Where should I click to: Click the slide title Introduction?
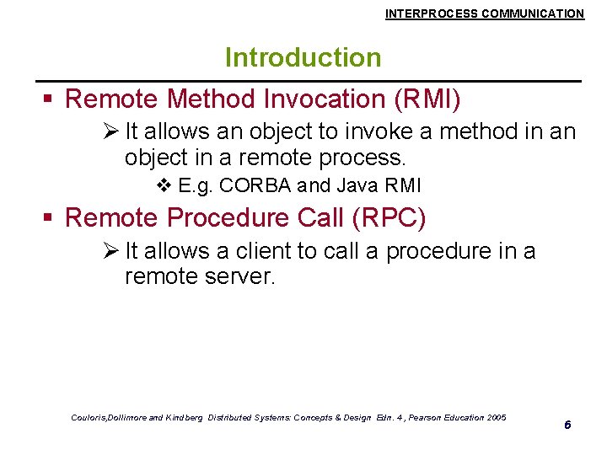point(303,57)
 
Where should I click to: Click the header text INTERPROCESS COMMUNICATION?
point(484,13)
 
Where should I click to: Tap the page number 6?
point(567,425)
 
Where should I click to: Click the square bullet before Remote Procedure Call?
point(49,218)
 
